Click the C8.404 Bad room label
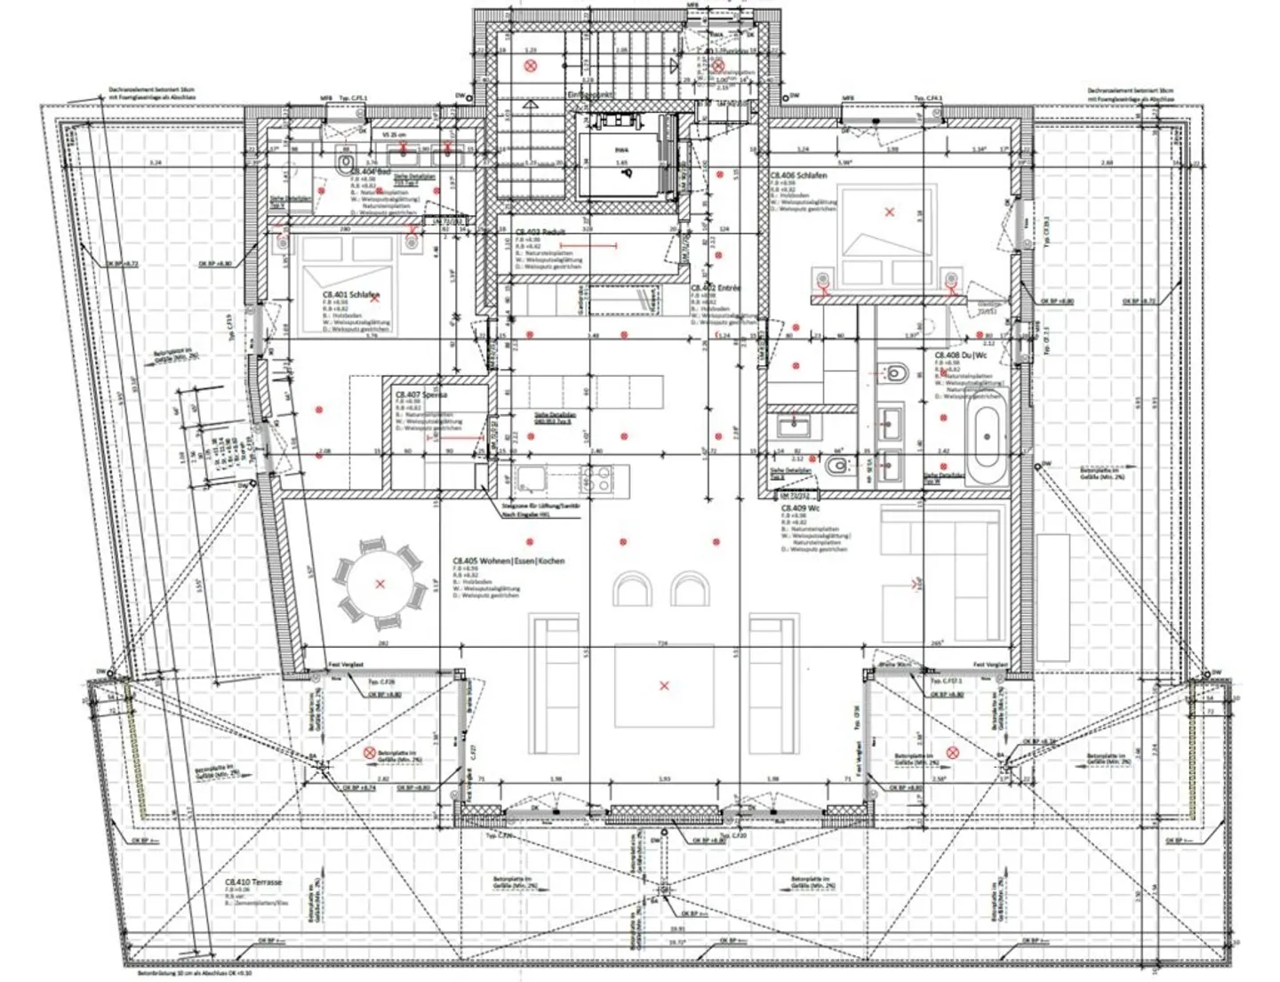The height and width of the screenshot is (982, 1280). [371, 171]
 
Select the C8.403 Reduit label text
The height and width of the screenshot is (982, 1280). [540, 232]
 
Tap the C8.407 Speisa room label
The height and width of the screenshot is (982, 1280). [421, 395]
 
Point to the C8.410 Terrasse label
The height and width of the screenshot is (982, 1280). [253, 882]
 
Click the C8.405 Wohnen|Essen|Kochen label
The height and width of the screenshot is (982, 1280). [508, 561]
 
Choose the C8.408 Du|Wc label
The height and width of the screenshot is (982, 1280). [960, 355]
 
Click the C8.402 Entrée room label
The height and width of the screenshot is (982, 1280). [716, 289]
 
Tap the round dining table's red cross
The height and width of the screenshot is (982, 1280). [380, 584]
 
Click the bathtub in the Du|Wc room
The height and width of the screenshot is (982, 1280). [987, 437]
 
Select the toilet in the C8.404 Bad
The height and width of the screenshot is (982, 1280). [345, 164]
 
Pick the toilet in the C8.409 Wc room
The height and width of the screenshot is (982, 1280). [836, 466]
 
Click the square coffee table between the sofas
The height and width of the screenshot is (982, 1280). [663, 685]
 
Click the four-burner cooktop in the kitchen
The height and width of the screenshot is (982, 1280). [596, 481]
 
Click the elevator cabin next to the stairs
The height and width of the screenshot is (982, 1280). [620, 159]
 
